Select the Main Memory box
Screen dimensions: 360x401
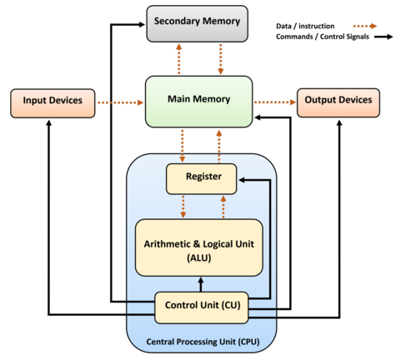point(198,101)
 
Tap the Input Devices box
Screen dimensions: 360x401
point(53,102)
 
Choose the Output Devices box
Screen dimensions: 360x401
point(338,102)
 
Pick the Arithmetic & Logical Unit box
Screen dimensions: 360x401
point(198,247)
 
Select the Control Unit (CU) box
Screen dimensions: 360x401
point(201,306)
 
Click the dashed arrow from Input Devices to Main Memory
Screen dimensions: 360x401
point(120,102)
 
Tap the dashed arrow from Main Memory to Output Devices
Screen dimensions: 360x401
point(274,102)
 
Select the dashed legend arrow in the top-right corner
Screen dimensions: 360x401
point(364,26)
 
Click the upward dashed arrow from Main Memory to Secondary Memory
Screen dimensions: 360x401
point(178,57)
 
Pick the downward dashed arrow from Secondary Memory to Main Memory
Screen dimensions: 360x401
point(220,57)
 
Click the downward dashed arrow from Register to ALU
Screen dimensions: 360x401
point(183,205)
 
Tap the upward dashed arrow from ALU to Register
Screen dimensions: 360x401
point(222,205)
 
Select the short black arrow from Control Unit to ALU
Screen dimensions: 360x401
point(200,283)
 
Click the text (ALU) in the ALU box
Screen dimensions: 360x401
point(198,258)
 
